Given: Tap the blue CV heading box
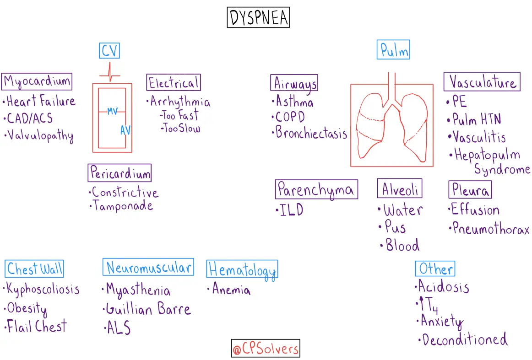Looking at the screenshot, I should coord(109,50).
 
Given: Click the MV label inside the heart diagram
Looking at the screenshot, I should coord(113,111).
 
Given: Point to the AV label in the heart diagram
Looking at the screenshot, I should coord(125,130).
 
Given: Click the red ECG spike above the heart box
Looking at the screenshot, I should coord(109,72).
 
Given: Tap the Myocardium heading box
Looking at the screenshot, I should coord(37,81).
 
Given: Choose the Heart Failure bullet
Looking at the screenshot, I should coord(41,101).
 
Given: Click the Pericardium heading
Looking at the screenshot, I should coord(119,173).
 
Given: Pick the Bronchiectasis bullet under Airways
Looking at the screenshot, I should coord(311,133).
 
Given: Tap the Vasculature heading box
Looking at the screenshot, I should coord(482,82).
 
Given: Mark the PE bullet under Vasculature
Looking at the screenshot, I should coord(459,102).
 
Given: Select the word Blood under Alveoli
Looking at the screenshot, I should coord(402,245).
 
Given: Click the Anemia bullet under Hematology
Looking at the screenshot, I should coord(231,290).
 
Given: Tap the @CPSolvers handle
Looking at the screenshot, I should coord(266,349).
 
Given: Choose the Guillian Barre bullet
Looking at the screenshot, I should coord(147,309).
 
